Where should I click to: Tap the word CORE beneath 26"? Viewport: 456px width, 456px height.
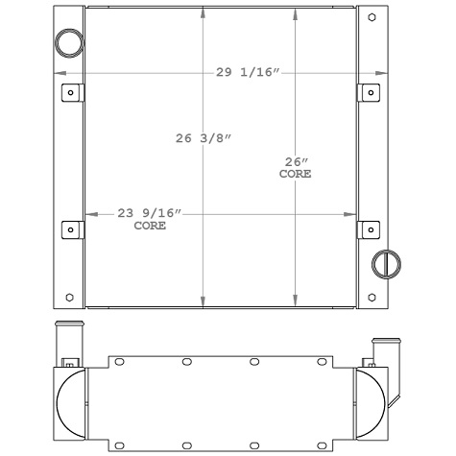[295, 175]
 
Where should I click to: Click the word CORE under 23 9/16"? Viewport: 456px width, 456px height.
[149, 227]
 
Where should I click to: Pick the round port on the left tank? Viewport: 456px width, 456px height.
[69, 42]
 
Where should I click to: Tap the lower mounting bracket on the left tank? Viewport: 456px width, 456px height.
[70, 229]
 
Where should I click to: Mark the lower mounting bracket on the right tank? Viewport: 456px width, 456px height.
[371, 229]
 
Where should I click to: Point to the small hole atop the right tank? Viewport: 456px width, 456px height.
[372, 18]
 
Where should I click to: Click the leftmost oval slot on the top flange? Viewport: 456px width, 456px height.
[120, 362]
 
